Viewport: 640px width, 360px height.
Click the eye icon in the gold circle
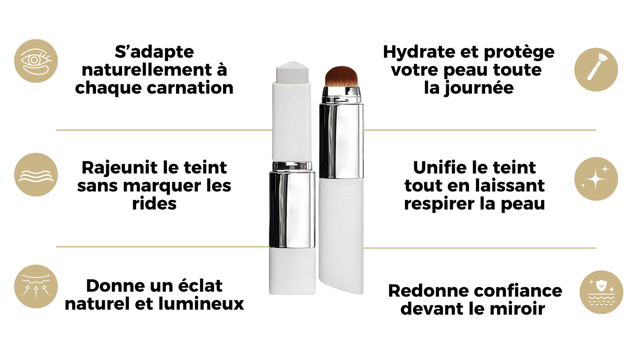click(36, 61)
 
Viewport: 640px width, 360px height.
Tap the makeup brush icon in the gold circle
click(596, 70)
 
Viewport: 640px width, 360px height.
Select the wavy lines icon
click(36, 174)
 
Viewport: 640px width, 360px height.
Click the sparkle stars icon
click(596, 179)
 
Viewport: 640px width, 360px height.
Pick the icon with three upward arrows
click(36, 286)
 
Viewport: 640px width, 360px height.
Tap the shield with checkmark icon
click(601, 292)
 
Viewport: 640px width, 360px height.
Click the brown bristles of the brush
click(341, 76)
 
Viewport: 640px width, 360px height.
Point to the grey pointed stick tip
click(292, 71)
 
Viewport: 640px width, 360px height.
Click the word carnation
click(190, 88)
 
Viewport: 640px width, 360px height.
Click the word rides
click(154, 204)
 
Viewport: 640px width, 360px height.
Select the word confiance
click(518, 291)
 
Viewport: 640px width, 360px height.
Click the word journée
click(479, 88)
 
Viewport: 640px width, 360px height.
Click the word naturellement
click(147, 70)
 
